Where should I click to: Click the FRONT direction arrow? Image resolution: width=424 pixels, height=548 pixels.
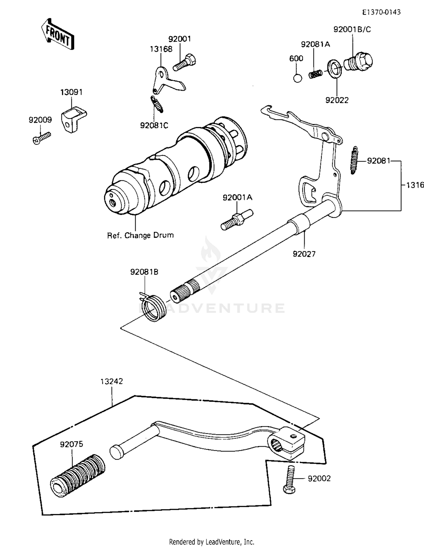tap(58, 35)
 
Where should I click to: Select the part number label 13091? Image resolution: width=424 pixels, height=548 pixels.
tap(71, 93)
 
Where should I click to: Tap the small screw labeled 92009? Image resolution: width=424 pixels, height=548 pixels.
tap(42, 138)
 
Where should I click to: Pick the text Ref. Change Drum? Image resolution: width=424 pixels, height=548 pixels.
tap(140, 235)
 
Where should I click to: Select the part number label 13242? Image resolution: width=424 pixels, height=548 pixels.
tap(112, 381)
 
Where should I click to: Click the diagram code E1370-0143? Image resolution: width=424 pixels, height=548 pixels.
tap(382, 12)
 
